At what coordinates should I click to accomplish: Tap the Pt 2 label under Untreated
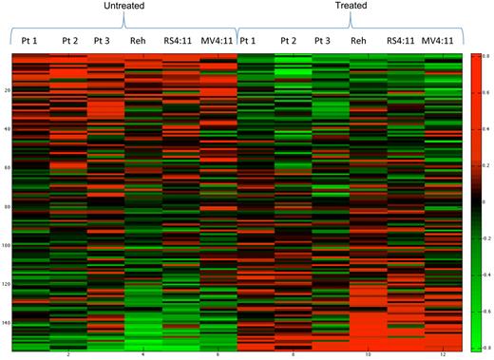coord(69,40)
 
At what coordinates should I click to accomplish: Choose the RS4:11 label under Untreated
coord(179,41)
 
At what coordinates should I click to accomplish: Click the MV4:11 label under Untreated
coord(218,41)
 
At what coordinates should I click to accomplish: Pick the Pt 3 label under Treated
coord(323,40)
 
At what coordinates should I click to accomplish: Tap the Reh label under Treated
coord(358,41)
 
